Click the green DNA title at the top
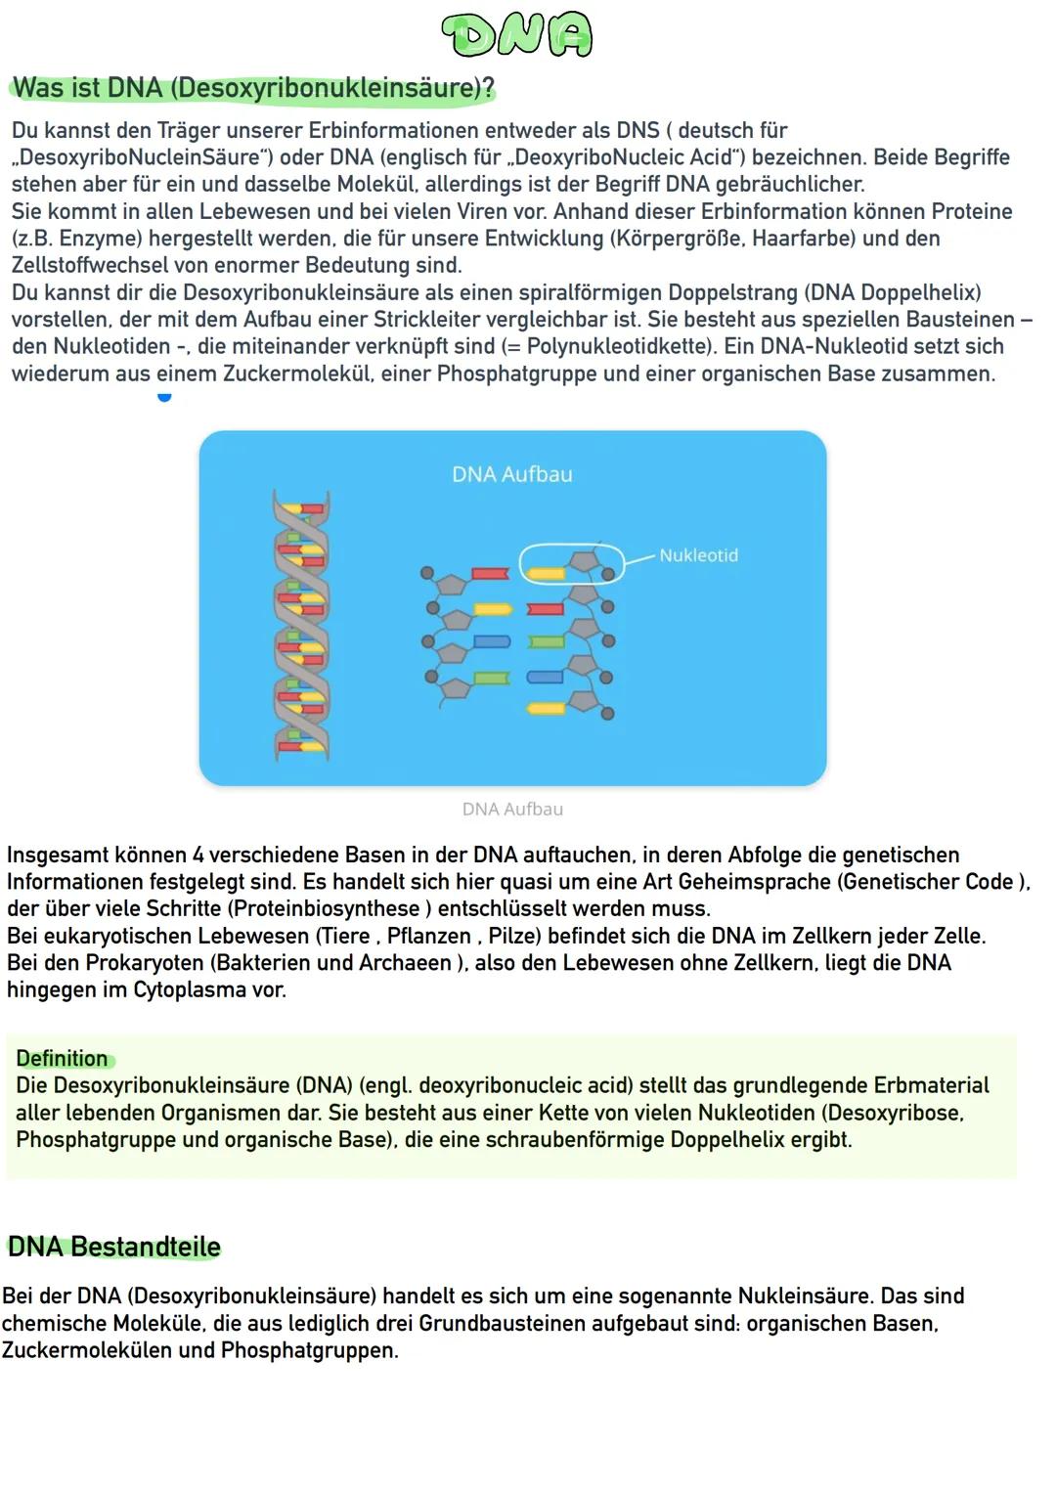516,36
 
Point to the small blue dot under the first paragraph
164,396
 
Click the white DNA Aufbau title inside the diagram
511,474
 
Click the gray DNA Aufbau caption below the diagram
512,810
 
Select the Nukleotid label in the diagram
698,555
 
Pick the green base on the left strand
492,678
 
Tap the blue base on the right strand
545,677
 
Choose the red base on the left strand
490,574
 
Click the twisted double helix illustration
301,626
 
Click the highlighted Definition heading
62,1059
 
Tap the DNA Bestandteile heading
114,1248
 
